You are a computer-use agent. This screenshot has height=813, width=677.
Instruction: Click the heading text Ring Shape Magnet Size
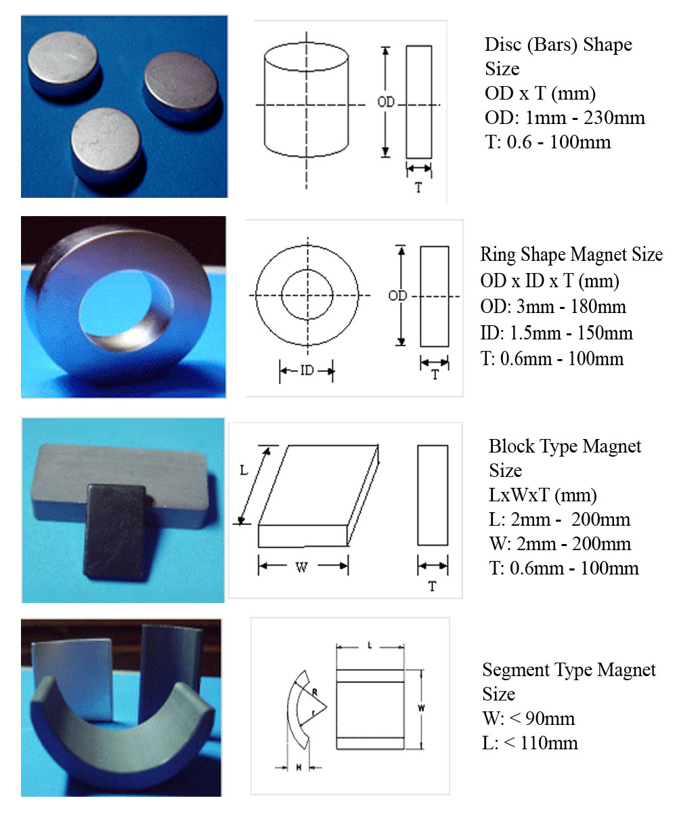pyautogui.click(x=571, y=255)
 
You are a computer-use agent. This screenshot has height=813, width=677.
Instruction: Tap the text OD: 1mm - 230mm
pyautogui.click(x=565, y=118)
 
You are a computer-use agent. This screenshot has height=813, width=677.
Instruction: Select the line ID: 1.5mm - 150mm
pyautogui.click(x=556, y=333)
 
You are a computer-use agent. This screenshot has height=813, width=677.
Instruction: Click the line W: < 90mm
pyautogui.click(x=528, y=718)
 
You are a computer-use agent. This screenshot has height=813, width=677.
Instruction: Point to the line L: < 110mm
pyautogui.click(x=530, y=743)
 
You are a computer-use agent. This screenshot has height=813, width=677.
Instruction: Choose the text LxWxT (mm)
pyautogui.click(x=543, y=495)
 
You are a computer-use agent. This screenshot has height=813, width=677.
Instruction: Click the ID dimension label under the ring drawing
pyautogui.click(x=307, y=371)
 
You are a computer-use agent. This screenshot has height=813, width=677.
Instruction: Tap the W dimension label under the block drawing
pyautogui.click(x=301, y=567)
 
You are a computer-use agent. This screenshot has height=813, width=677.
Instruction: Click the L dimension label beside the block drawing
pyautogui.click(x=244, y=470)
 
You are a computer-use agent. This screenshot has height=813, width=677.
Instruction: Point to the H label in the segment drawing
pyautogui.click(x=299, y=768)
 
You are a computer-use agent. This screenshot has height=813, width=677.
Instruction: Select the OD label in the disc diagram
pyautogui.click(x=386, y=102)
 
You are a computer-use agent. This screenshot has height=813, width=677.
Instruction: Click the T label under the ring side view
pyautogui.click(x=435, y=375)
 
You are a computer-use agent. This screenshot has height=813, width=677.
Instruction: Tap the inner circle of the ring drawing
pyautogui.click(x=307, y=270)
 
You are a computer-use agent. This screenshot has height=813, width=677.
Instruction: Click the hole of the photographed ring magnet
pyautogui.click(x=125, y=303)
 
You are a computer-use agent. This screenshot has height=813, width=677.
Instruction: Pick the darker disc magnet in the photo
pyautogui.click(x=181, y=89)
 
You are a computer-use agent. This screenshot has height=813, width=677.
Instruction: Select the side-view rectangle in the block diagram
pyautogui.click(x=433, y=495)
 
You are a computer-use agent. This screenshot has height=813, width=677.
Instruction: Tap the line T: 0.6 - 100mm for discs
pyautogui.click(x=548, y=142)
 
